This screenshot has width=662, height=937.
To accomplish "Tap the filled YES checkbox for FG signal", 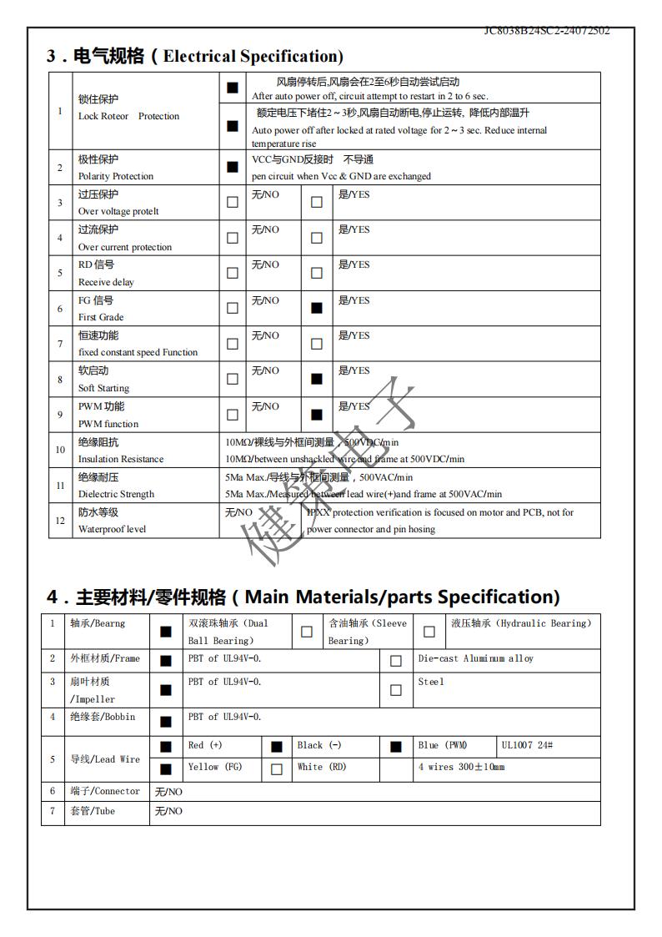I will (316, 308).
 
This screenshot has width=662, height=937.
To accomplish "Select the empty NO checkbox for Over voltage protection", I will (233, 202).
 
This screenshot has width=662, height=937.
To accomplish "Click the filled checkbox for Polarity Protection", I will (233, 167).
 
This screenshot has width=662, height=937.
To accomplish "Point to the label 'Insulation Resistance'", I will (121, 459).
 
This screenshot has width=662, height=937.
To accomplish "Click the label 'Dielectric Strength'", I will (116, 494).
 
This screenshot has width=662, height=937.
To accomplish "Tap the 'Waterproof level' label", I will (112, 529).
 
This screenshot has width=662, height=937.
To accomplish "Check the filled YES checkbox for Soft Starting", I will (316, 379).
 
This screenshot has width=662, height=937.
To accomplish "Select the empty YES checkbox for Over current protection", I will (316, 238).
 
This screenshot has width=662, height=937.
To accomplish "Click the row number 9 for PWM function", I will (60, 415).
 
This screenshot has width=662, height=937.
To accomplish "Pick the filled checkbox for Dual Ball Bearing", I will (166, 632).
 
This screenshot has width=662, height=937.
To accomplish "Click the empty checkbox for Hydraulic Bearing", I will (429, 632).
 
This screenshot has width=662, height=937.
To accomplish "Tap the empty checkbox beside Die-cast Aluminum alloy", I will (396, 661).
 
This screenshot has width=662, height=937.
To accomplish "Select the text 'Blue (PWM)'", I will (443, 745).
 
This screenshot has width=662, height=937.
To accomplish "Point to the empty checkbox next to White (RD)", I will (277, 769).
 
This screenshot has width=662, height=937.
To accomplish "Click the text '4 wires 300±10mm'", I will (461, 767).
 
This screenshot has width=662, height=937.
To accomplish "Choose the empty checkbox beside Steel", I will (396, 690).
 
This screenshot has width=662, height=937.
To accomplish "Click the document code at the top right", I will (547, 31).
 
